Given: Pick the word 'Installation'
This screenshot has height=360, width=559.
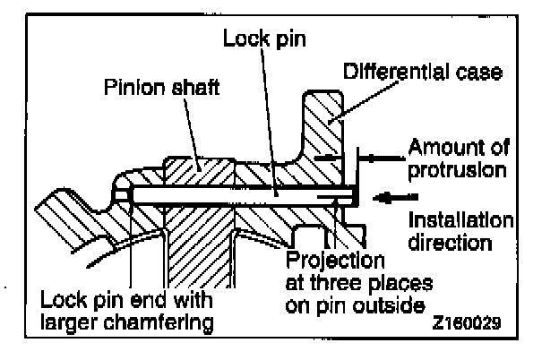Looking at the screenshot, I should (x=460, y=220).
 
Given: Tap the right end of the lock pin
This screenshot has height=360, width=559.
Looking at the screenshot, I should (x=354, y=192).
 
